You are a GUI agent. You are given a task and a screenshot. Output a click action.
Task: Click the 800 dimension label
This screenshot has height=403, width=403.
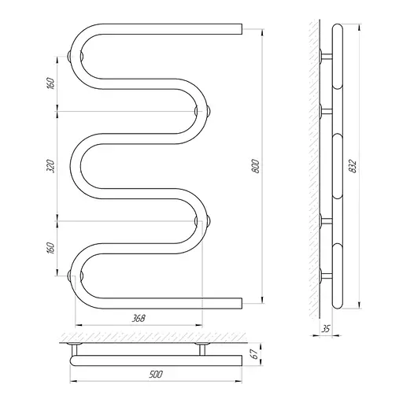(x=256, y=166)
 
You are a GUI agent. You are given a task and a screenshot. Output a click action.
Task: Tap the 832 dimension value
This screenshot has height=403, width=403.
(x=353, y=166)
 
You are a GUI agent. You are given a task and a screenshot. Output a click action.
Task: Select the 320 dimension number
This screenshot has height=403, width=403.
(x=50, y=166)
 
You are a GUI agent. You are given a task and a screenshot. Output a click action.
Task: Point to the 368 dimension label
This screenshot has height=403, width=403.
(x=139, y=318)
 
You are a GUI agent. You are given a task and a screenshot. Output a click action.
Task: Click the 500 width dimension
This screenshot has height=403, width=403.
(x=156, y=374)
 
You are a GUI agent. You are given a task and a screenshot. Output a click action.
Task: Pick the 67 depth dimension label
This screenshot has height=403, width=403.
(x=254, y=354)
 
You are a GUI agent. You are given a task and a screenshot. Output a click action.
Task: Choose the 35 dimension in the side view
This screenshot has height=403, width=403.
(x=326, y=329)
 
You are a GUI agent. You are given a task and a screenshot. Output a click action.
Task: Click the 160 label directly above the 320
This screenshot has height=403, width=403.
(x=50, y=83)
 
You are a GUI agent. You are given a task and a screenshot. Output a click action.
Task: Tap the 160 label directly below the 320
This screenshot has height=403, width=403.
(x=50, y=248)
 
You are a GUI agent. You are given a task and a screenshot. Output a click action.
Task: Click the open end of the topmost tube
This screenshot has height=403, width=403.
(x=242, y=29)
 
